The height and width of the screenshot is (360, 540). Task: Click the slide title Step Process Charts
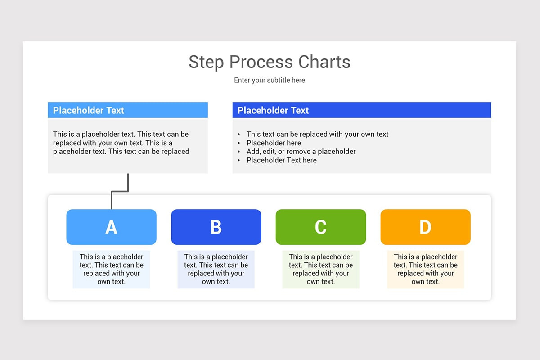269,62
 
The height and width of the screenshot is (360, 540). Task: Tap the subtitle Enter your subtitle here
269,80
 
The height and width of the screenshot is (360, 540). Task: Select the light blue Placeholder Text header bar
128,110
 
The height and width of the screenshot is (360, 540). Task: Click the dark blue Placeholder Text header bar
361,110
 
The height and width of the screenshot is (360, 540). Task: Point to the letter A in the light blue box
111,227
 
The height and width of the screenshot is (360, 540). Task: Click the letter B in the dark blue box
216,227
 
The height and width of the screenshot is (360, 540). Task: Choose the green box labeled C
321,227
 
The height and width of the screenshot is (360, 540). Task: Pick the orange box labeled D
425,227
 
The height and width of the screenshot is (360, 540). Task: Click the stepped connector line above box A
120,192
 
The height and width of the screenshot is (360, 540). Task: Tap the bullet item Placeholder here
274,143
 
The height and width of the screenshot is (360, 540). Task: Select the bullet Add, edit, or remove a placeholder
301,152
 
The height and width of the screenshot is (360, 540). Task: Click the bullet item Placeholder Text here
281,160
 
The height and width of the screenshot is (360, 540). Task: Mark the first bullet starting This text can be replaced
317,134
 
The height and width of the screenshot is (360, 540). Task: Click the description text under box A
111,269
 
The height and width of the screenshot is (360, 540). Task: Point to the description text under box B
216,269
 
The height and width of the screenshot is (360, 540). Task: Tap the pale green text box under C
321,269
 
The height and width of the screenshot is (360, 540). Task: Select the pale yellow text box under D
425,269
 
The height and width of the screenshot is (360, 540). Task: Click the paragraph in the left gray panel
121,143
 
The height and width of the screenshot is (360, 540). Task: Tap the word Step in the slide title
206,62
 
